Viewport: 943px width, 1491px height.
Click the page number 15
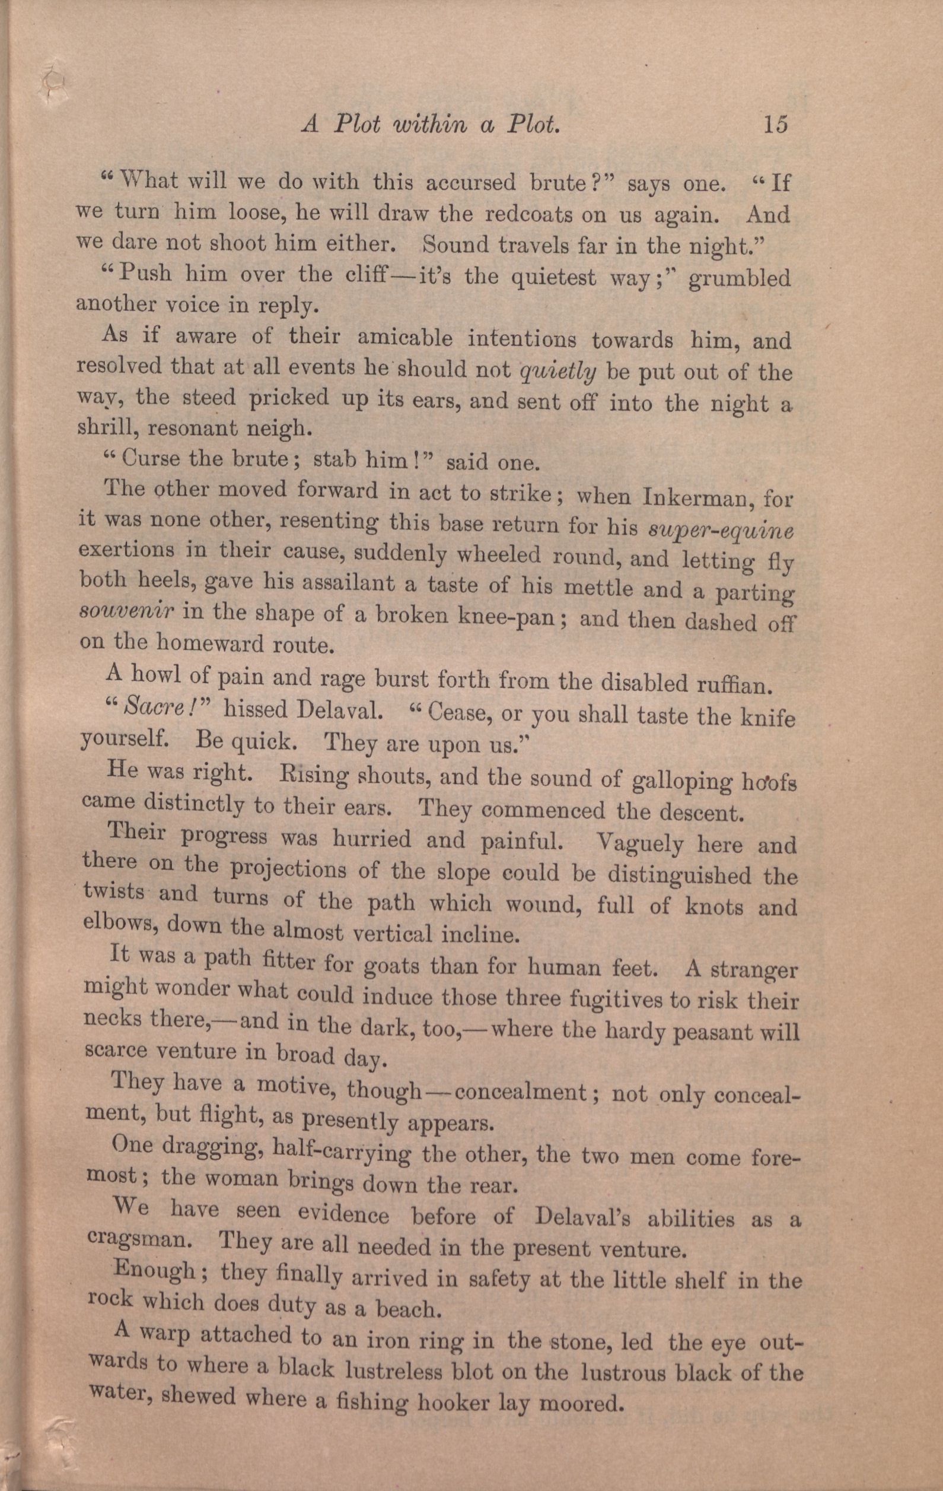coord(775,124)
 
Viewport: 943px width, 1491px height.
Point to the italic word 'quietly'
coord(559,371)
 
